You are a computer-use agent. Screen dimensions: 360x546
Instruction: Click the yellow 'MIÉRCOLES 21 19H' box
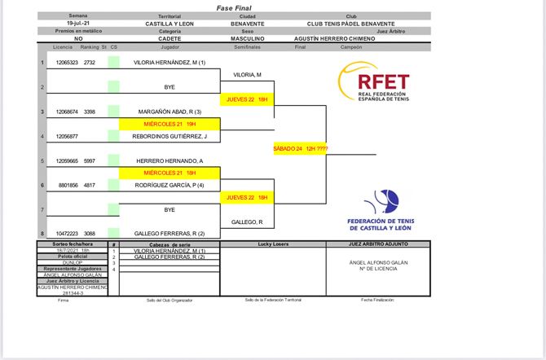tap(170, 124)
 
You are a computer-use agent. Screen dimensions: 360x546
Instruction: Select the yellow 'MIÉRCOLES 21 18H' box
tap(170, 173)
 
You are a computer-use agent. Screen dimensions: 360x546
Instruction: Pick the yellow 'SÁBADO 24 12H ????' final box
tap(300, 149)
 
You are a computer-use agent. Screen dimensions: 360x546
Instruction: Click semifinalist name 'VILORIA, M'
tap(247, 75)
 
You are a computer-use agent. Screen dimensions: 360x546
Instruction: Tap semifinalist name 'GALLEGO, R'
tap(247, 222)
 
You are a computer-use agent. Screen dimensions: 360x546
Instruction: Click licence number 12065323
tap(67, 63)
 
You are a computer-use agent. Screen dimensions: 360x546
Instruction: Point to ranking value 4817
tap(90, 186)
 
